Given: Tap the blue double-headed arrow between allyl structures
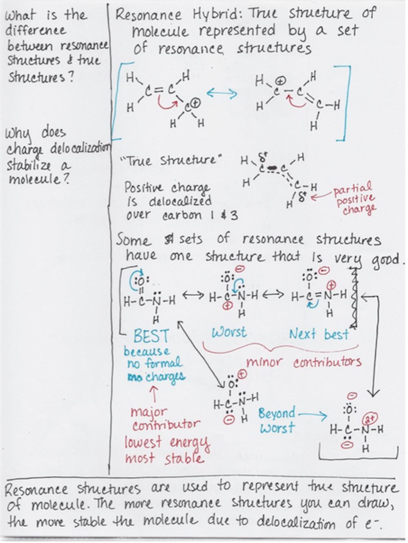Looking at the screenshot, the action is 222,93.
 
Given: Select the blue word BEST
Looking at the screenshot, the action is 151,336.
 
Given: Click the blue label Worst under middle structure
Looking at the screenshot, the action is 229,332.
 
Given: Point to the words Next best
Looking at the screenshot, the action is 319,334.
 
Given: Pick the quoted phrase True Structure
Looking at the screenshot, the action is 171,161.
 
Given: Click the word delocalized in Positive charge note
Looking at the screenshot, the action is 180,201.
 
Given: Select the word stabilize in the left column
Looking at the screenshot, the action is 29,166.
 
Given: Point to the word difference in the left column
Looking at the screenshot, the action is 36,31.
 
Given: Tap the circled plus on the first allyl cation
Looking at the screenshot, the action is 196,103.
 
